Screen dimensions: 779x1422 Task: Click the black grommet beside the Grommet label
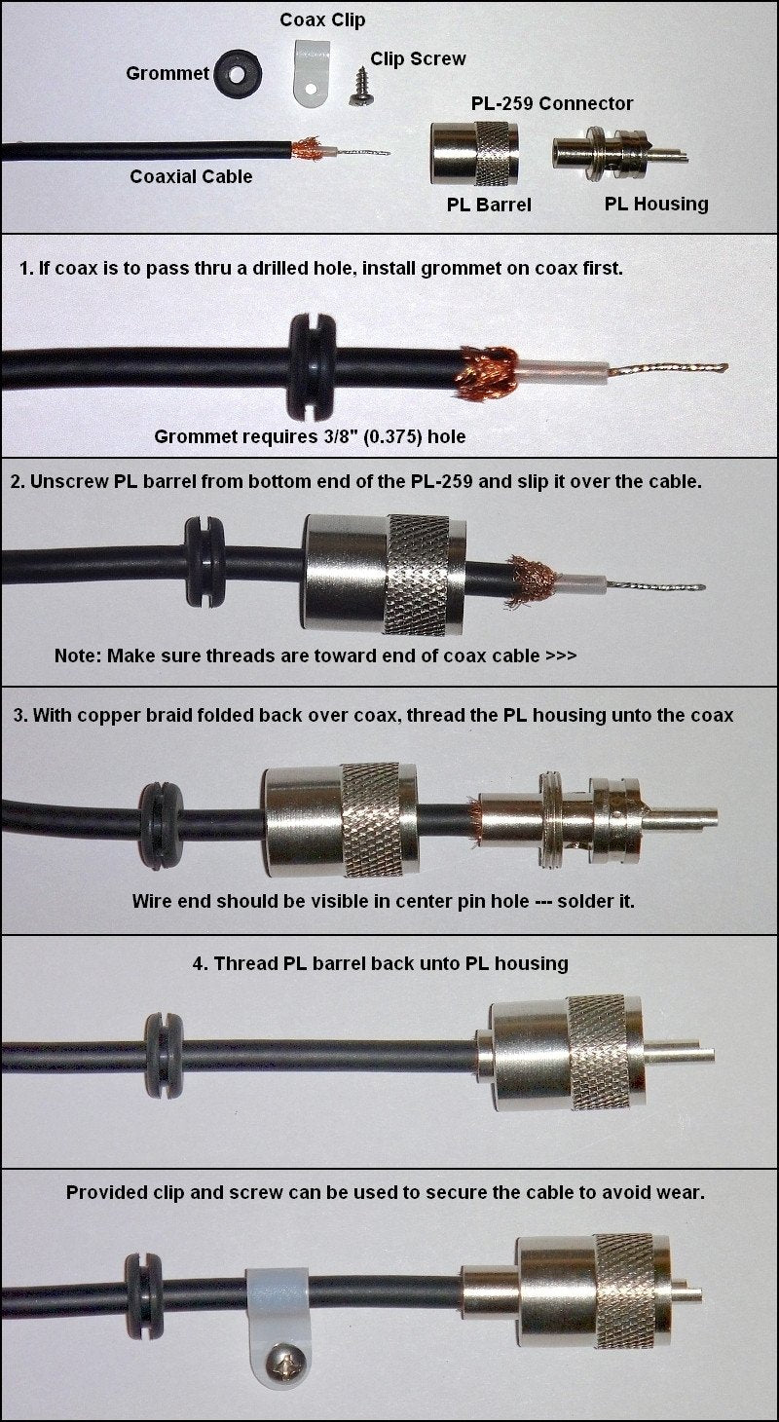click(x=238, y=74)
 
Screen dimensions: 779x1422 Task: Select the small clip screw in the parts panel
click(x=361, y=87)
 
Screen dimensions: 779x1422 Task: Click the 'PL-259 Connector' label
click(x=552, y=103)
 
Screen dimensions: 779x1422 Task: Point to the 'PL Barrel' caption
click(x=489, y=205)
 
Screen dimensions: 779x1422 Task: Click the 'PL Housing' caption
click(x=656, y=204)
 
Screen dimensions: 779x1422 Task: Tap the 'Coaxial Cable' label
click(x=191, y=176)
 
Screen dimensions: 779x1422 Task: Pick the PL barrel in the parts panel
click(x=474, y=153)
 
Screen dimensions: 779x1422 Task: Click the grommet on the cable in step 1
click(x=313, y=366)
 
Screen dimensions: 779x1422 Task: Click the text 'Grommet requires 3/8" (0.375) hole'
click(x=310, y=436)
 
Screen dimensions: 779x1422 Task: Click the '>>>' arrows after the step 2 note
click(x=561, y=655)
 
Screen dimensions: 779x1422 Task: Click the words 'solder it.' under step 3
click(x=596, y=901)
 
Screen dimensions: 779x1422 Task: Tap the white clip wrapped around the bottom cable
click(x=278, y=1314)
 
